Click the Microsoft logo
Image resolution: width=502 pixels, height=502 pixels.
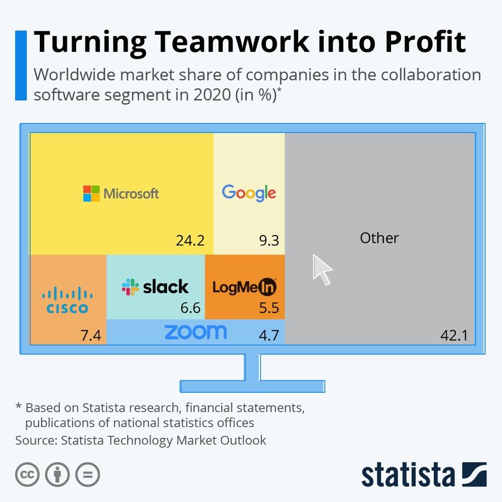point(121,193)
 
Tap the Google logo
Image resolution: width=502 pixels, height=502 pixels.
point(249,193)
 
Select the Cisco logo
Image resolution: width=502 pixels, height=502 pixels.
point(67,301)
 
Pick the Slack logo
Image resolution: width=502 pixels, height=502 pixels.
point(155,287)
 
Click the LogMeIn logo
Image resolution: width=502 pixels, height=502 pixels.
point(244,287)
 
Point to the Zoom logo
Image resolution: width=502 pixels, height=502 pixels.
point(195,332)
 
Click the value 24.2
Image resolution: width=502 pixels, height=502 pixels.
point(190,240)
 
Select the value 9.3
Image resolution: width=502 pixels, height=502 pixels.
point(269,240)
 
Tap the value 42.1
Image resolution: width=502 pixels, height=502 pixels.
point(454,336)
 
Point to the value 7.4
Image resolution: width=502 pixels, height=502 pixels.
point(90,336)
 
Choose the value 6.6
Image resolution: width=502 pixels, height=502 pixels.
point(190,308)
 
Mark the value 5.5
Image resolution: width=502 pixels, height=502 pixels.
point(269,308)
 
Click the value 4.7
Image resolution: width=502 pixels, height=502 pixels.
point(269,336)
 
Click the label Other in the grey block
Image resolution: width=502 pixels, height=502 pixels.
point(379,238)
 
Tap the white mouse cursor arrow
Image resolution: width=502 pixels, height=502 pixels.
point(322,269)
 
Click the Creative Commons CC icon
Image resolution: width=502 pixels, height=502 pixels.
point(27,475)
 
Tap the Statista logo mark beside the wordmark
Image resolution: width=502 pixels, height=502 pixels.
point(474,475)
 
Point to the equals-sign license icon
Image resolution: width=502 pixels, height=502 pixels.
point(88,475)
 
